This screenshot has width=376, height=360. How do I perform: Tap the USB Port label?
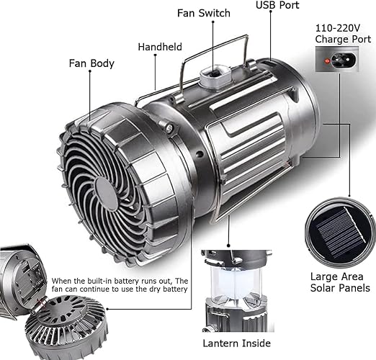[277, 5]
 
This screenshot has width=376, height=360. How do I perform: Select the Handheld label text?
[160, 47]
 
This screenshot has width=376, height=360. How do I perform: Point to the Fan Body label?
[91, 63]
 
